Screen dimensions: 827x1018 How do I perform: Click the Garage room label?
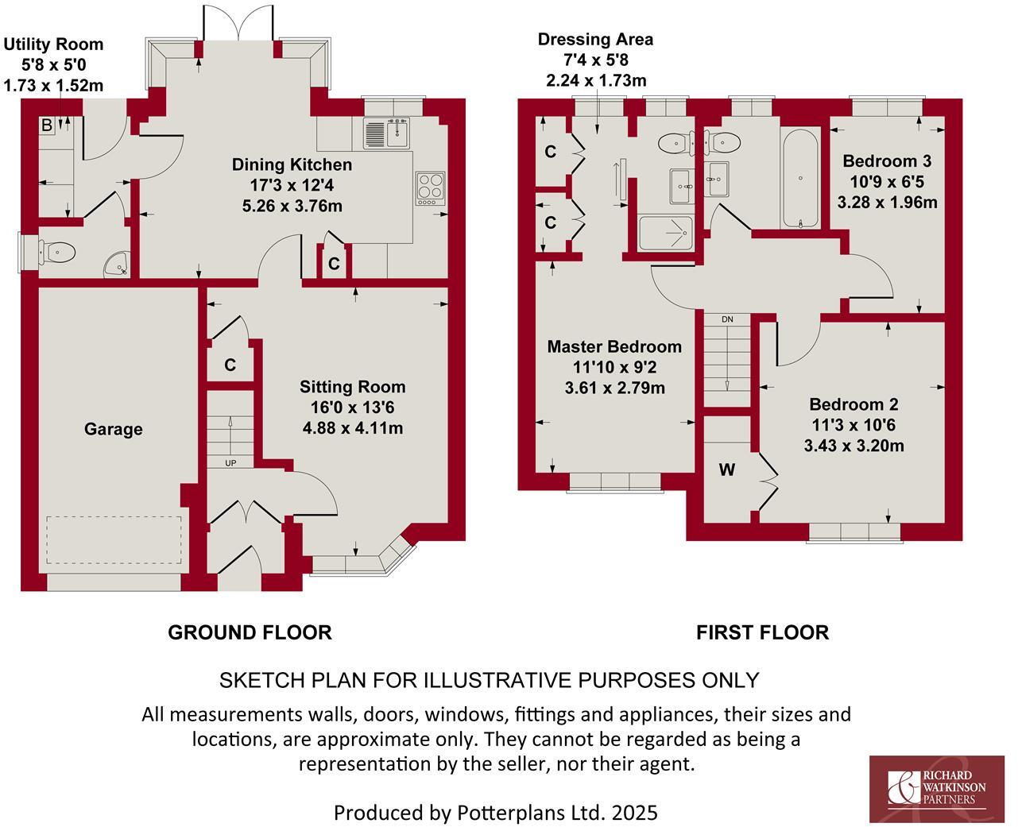point(114,429)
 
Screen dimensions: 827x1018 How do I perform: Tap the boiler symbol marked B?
point(47,126)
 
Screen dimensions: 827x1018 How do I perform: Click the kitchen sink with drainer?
point(386,133)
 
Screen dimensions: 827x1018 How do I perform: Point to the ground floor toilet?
point(57,253)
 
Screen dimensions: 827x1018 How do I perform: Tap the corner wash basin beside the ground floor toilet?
point(119,264)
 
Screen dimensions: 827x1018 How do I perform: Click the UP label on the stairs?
point(230,462)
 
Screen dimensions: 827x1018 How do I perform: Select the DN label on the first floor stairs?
point(727,319)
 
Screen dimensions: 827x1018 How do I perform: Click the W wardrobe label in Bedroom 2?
point(726,470)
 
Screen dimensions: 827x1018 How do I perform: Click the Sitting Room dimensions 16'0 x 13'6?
point(352,408)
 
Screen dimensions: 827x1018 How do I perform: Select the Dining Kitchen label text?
point(292,164)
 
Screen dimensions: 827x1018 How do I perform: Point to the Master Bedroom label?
point(614,346)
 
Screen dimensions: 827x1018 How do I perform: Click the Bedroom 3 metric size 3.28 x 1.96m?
point(887,202)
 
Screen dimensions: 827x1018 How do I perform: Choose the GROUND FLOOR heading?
point(250,632)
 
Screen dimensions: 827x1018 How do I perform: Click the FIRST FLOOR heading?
point(762,632)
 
